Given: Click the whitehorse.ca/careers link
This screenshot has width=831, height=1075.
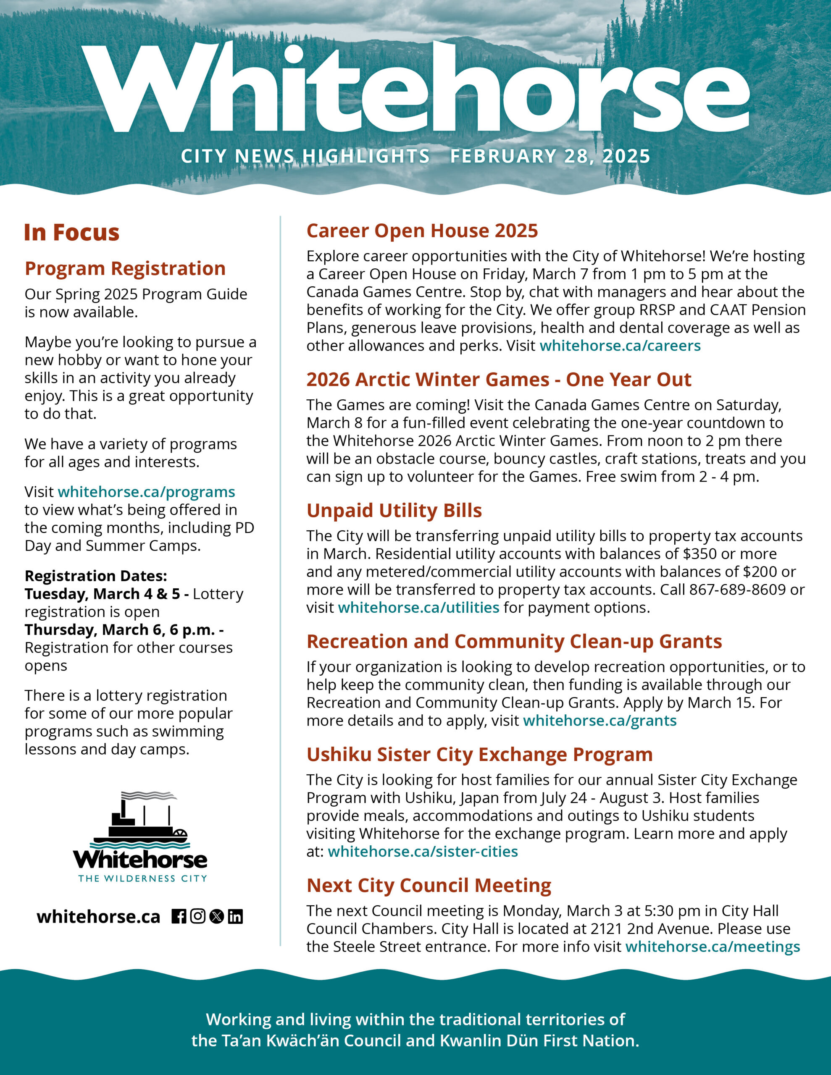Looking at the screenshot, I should coord(620,346).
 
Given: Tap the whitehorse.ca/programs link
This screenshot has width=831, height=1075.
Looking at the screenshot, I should coord(146,492).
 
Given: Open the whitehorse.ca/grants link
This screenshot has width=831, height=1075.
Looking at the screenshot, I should coord(600,721).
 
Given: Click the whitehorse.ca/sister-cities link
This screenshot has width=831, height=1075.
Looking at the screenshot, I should coord(423,852).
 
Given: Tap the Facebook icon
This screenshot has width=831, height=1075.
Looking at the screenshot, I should coord(179,917).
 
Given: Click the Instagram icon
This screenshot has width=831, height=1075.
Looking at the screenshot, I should coord(197,917).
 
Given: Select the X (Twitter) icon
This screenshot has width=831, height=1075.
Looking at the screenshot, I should coord(216,917).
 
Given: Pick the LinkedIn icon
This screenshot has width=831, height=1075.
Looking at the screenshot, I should coord(235,917).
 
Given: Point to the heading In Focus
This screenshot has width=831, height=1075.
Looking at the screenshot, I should coord(72,232).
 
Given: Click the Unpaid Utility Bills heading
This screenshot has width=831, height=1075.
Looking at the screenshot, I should coord(394,511).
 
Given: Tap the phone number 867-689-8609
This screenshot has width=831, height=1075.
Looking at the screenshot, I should coord(737,590).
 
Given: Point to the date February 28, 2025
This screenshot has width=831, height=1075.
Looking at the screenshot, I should coord(550,156).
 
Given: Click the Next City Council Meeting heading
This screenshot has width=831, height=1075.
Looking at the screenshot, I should coord(429,886).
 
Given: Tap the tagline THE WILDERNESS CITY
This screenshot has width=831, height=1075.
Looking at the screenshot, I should coord(142,878).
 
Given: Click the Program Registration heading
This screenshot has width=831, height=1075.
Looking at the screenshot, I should coord(125,269).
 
